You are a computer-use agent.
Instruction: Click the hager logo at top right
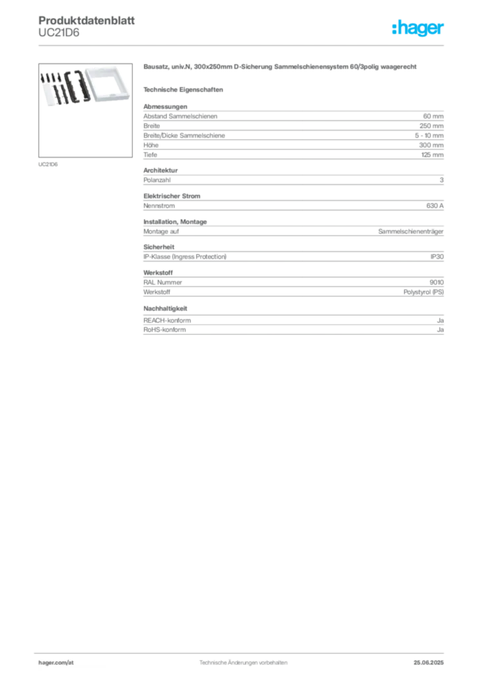[x=418, y=28]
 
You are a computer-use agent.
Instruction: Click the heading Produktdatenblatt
[x=86, y=20]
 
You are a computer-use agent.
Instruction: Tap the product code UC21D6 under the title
[x=59, y=33]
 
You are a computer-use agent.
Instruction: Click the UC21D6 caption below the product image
[x=48, y=164]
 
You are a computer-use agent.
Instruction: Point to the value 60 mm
[x=433, y=116]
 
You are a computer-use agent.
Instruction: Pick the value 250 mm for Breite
[x=431, y=126]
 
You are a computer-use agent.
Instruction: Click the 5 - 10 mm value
[x=429, y=135]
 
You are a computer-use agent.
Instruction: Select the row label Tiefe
[x=151, y=154]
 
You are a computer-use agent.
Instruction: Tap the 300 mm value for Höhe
[x=431, y=145]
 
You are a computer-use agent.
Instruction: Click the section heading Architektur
[x=160, y=170]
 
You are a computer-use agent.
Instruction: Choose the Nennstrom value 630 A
[x=435, y=206]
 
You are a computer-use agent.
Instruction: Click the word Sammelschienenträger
[x=411, y=232]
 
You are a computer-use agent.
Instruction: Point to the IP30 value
[x=437, y=257]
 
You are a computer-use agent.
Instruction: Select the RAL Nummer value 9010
[x=436, y=283]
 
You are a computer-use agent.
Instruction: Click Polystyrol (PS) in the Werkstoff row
[x=424, y=292]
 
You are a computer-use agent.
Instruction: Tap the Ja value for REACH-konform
[x=440, y=321]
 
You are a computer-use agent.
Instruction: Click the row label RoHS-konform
[x=164, y=330]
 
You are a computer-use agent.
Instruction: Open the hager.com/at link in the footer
[x=56, y=663]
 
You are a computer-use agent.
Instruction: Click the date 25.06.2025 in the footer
[x=428, y=663]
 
